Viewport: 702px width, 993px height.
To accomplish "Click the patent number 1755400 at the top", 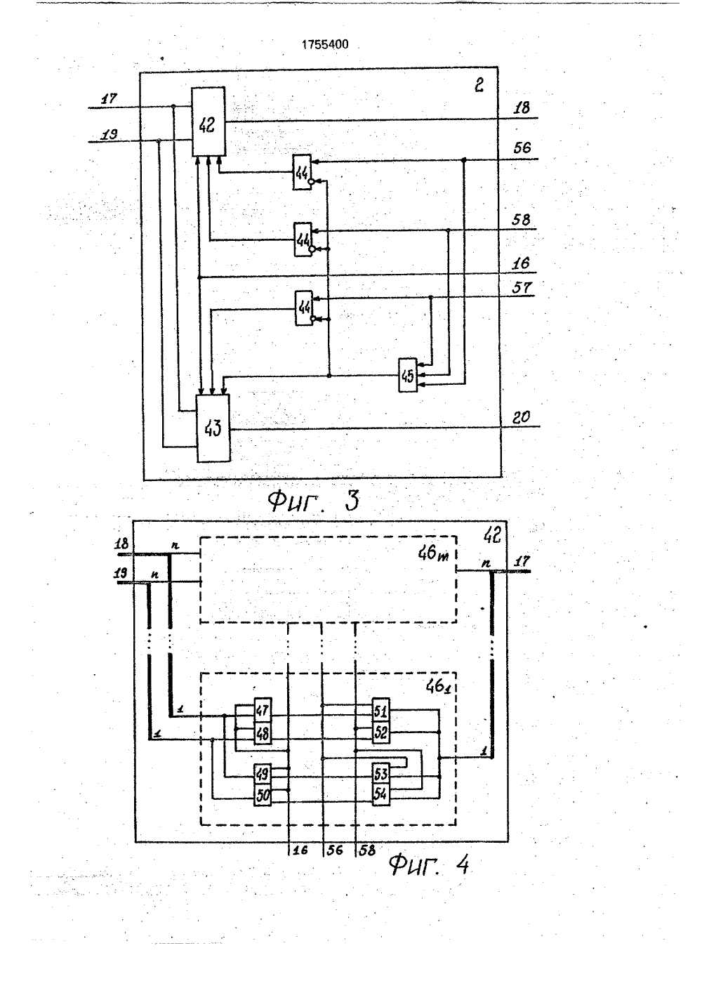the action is (325, 44).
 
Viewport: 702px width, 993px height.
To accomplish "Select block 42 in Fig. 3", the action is (208, 121).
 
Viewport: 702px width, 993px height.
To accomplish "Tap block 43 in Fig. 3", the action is (213, 428).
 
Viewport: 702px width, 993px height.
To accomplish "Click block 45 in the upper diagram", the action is (408, 375).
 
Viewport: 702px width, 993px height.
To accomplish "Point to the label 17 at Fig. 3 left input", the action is (109, 98).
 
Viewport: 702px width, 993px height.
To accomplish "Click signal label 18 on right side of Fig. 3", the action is (521, 107).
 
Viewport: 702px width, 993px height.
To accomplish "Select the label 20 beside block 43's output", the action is (521, 417).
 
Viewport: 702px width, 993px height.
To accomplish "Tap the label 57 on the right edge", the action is (522, 288).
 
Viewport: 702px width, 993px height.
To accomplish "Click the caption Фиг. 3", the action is (314, 501).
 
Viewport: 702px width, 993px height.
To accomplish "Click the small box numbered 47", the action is (263, 711).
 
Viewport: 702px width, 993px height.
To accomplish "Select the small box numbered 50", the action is (263, 796).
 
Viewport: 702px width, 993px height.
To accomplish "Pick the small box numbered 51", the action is (380, 711).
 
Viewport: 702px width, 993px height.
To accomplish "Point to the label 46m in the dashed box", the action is (433, 553).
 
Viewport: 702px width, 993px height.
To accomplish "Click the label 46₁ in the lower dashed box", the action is (437, 687).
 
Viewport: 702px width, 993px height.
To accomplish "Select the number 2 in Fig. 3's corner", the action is (479, 85).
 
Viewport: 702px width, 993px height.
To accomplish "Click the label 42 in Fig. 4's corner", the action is (492, 536).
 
